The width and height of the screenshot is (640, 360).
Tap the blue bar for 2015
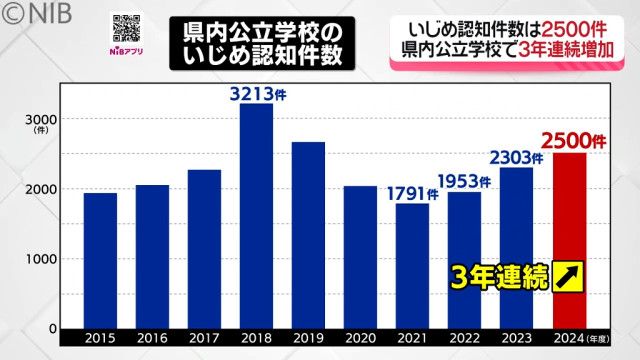tap(100, 260)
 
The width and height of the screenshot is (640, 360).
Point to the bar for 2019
tap(308, 235)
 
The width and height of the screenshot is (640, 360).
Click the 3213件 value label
tap(256, 93)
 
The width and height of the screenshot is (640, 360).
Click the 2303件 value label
tap(516, 157)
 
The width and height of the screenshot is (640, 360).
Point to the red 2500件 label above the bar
tap(568, 139)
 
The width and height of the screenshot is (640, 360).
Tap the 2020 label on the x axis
tap(360, 340)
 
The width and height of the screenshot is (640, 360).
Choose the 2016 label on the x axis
tap(152, 340)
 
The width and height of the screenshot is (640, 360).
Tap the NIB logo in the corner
tap(30, 13)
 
